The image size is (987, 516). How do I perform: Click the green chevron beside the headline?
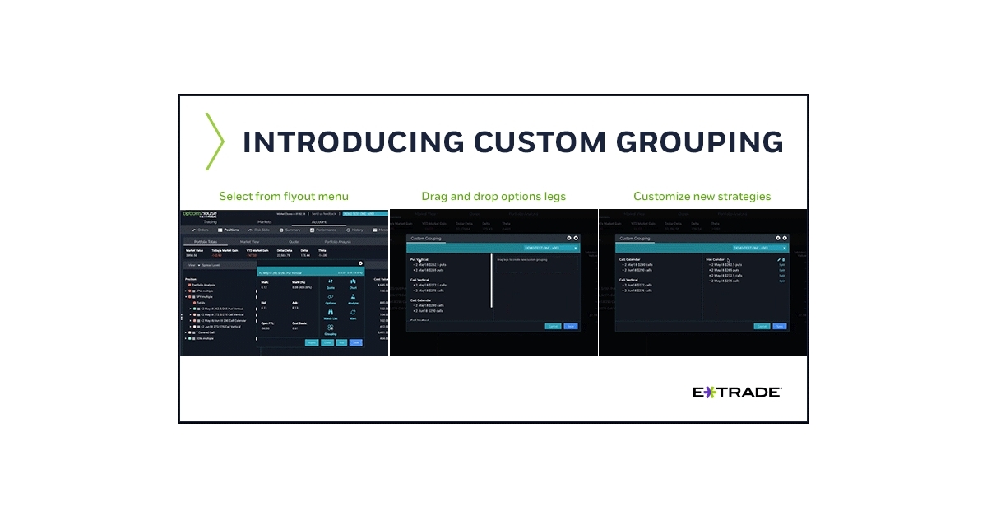tap(214, 142)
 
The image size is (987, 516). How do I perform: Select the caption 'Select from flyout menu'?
tap(284, 196)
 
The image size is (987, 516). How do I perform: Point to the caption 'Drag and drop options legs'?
tap(493, 196)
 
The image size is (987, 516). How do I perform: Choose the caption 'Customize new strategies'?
tap(702, 196)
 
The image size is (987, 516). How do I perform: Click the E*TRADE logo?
tap(737, 393)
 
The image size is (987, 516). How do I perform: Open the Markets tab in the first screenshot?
tap(264, 222)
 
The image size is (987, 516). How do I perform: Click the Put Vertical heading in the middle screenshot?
tap(419, 259)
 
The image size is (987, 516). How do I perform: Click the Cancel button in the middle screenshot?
tap(553, 326)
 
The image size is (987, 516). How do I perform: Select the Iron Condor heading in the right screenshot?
tap(715, 259)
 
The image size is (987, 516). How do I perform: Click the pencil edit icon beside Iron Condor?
tap(778, 259)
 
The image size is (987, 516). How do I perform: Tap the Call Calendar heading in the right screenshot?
tap(630, 259)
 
